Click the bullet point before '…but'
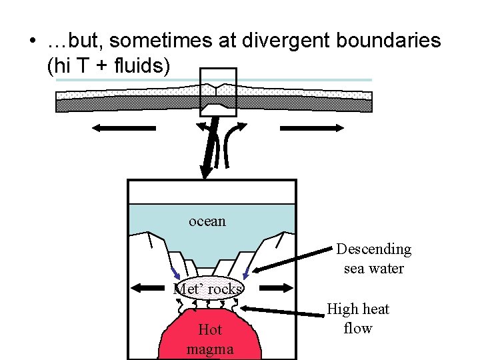pos(31,42)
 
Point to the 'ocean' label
pos(207,221)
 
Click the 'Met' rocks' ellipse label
pos(208,289)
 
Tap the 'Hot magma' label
pos(210,339)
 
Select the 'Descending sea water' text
pos(373,259)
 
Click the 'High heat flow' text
pos(358,319)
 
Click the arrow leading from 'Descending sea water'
pos(293,262)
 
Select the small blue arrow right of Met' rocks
pos(246,272)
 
